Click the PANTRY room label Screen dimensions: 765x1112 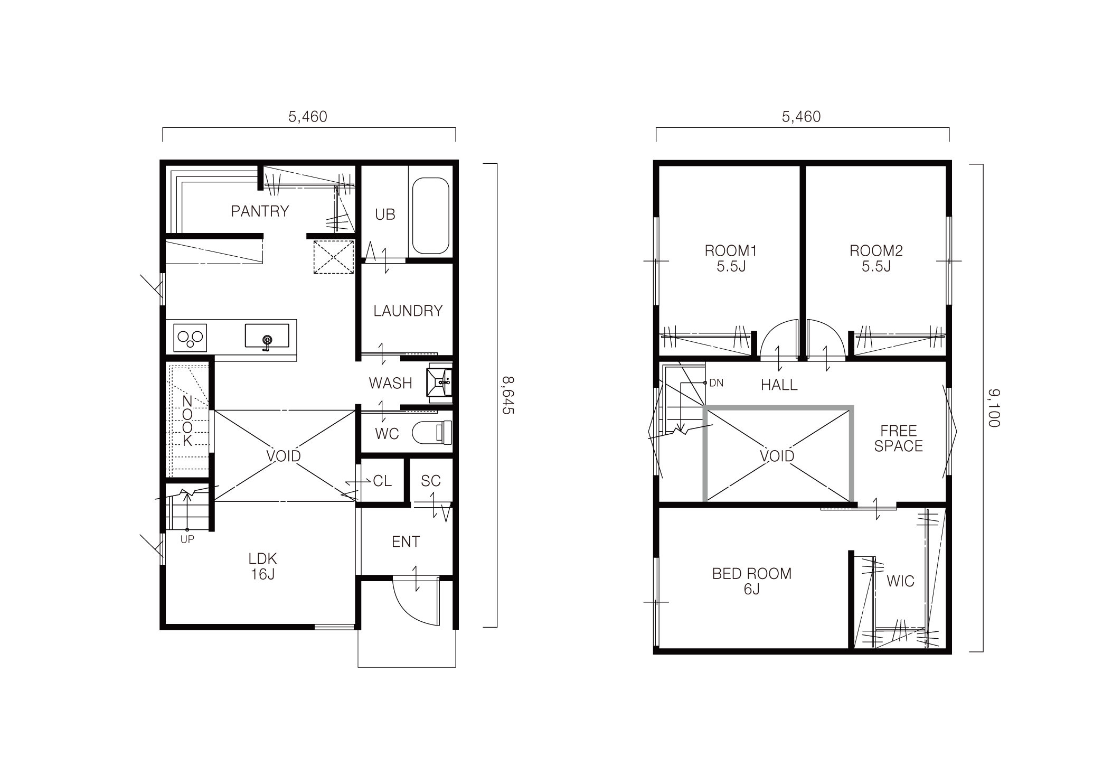tap(260, 211)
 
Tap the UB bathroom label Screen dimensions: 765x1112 tap(385, 214)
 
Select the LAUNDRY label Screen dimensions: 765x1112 tap(408, 311)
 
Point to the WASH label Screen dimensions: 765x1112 tap(390, 383)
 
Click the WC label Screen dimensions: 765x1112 tap(387, 434)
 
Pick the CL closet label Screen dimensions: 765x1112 tap(382, 481)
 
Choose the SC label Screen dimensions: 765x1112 tap(431, 481)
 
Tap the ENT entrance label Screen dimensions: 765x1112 tap(406, 542)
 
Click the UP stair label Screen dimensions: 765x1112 tap(187, 539)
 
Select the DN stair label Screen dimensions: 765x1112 tap(716, 382)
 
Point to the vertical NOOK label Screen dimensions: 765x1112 tap(187, 421)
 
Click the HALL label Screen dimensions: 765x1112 tap(779, 385)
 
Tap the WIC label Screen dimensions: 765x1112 tap(900, 582)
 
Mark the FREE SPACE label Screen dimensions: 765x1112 tap(898, 438)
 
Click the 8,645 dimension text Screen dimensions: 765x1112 tap(507, 395)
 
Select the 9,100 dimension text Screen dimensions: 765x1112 tap(993, 408)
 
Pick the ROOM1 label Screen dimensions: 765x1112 tap(731, 250)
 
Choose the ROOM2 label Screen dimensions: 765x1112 tap(876, 250)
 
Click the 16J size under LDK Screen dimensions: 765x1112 tap(262, 574)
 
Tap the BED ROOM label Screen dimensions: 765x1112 tap(752, 573)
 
